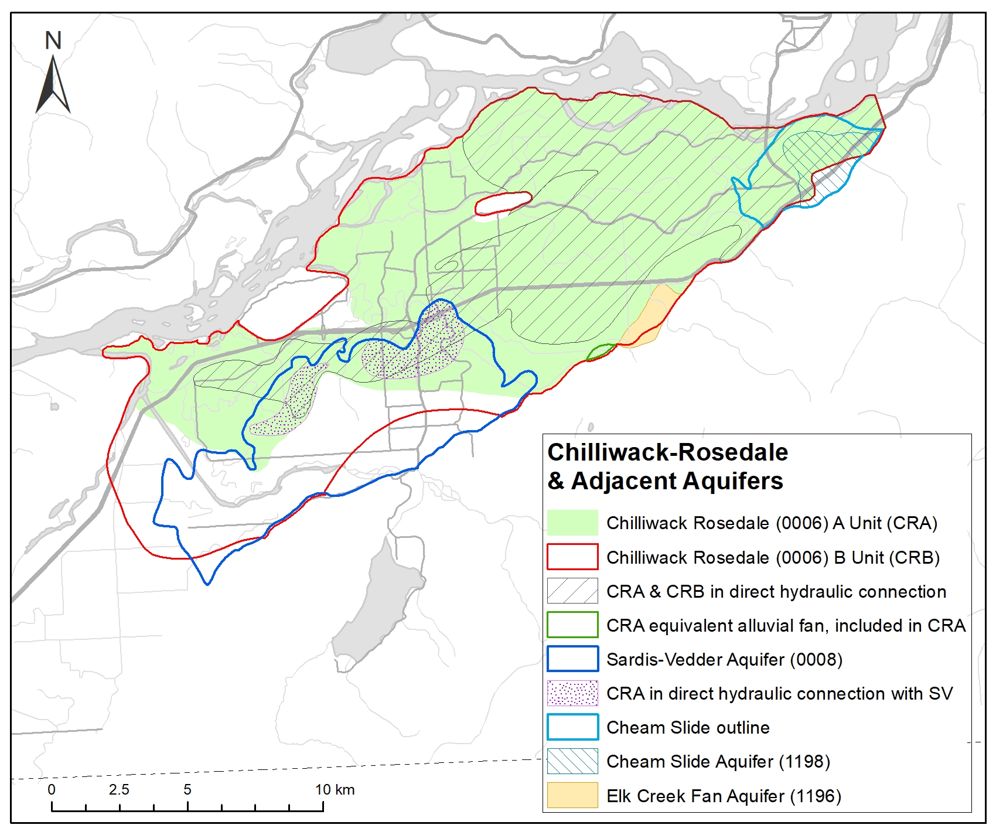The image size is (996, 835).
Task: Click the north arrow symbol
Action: click(x=53, y=85)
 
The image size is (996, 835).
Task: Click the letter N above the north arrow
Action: click(x=53, y=40)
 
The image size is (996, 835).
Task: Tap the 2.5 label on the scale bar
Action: click(x=119, y=789)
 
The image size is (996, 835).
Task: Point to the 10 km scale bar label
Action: click(x=335, y=789)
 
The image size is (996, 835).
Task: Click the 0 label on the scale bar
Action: click(x=52, y=789)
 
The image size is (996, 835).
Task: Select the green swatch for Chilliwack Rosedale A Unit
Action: click(x=572, y=523)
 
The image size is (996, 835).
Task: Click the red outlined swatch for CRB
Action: click(x=572, y=557)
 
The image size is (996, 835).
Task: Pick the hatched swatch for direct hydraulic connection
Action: click(x=572, y=591)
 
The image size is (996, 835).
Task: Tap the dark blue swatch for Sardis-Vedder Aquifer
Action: click(x=572, y=659)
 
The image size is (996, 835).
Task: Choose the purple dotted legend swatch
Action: click(x=572, y=693)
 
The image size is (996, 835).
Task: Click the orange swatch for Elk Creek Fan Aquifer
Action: click(x=572, y=795)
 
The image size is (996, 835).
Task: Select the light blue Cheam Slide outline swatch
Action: click(x=572, y=727)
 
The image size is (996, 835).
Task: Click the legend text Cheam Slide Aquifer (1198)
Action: click(x=718, y=761)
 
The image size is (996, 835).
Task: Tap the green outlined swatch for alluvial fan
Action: click(x=572, y=625)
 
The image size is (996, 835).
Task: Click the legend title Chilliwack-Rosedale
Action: click(x=667, y=452)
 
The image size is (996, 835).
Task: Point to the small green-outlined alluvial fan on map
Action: click(x=601, y=352)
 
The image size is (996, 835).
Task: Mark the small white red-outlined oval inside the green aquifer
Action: click(x=503, y=203)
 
